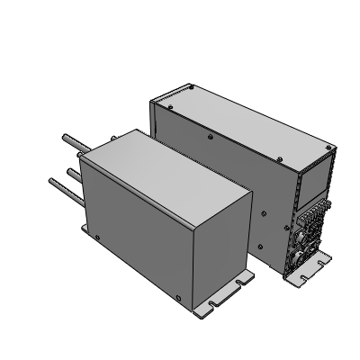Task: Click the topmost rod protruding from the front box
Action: point(70,140)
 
